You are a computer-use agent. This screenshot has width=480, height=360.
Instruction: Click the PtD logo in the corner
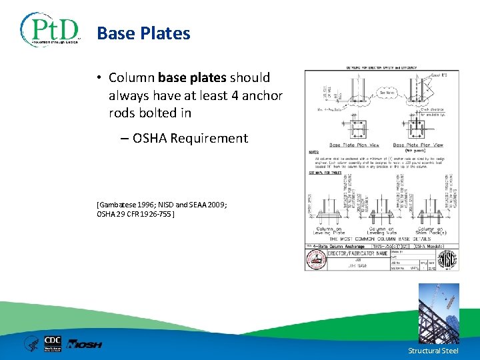(50, 29)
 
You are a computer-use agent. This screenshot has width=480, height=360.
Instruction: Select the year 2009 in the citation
(215, 205)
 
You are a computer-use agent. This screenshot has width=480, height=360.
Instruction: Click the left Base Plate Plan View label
(355, 145)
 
